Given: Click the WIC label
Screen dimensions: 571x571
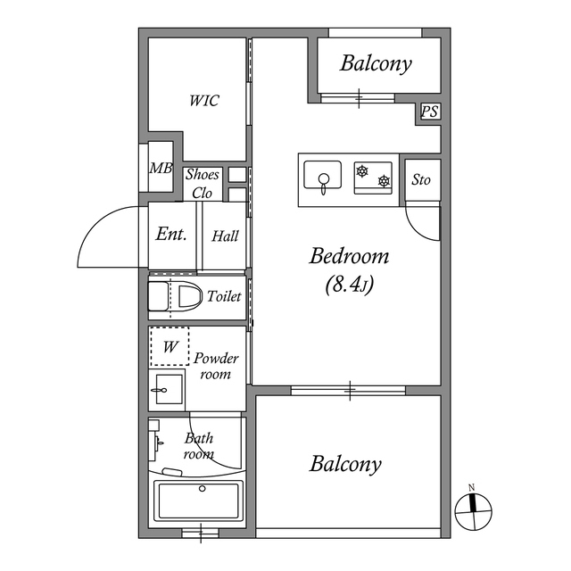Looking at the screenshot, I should (x=203, y=101).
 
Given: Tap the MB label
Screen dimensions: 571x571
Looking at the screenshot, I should (x=161, y=168).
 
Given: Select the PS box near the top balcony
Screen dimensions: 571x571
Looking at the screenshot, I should (x=430, y=112).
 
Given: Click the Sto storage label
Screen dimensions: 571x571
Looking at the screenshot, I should (x=421, y=179).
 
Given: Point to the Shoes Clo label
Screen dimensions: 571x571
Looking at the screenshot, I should (x=203, y=184).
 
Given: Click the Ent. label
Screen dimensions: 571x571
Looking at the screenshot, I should (x=171, y=235).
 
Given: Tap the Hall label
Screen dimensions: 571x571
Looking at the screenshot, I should (x=225, y=236).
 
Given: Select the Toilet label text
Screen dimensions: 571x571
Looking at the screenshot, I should (x=224, y=296).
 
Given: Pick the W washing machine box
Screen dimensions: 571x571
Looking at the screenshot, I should (x=169, y=346).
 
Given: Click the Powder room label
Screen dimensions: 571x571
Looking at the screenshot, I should (x=216, y=366).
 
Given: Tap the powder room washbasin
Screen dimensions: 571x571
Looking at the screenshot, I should (x=165, y=389).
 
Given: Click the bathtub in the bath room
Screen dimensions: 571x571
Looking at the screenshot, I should (x=198, y=501).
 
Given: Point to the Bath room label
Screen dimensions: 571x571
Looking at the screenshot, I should (x=198, y=446).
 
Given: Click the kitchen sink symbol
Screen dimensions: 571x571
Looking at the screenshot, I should (x=322, y=177).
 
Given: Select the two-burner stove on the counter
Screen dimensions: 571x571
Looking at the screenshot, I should (x=374, y=177).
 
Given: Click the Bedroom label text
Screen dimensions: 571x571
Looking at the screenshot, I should (x=349, y=257).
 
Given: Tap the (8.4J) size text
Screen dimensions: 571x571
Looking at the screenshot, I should (x=349, y=285).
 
